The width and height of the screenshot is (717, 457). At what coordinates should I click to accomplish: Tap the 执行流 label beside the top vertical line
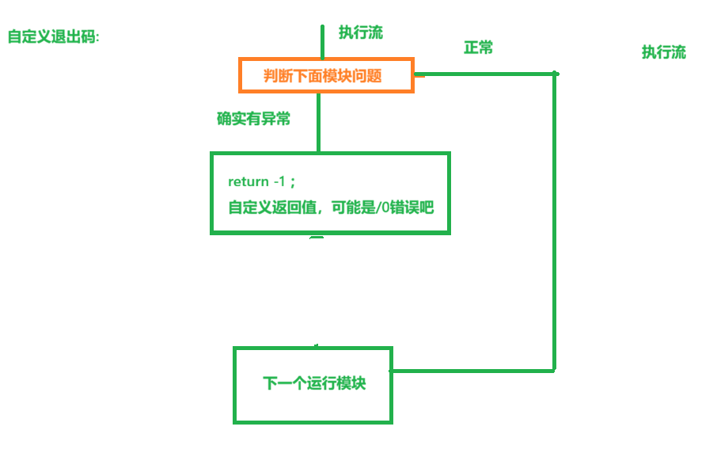tap(361, 32)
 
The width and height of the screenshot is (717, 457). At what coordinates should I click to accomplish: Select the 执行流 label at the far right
tap(663, 53)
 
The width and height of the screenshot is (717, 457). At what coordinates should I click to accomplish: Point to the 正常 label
tap(478, 48)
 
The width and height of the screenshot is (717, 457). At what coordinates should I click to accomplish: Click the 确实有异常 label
tap(253, 119)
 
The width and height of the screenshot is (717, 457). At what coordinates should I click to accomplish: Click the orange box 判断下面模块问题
tap(326, 75)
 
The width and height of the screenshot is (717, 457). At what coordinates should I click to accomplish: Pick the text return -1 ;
tap(261, 182)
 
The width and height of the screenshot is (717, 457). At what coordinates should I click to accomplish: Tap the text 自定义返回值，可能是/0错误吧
tap(331, 208)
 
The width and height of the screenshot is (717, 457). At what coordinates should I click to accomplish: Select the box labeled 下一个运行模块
tap(313, 384)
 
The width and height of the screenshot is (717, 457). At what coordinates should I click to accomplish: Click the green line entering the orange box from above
tap(323, 41)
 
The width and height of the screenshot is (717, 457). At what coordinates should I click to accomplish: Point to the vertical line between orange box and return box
tap(318, 122)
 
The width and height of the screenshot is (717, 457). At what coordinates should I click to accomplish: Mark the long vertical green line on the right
tap(555, 222)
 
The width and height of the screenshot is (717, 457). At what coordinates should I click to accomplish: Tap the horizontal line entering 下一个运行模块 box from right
tap(473, 371)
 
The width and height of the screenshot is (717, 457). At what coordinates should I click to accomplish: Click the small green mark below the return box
tap(317, 237)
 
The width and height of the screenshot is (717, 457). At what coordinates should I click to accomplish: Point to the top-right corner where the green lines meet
tap(556, 74)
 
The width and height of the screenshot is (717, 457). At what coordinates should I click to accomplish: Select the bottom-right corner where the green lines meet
tap(554, 370)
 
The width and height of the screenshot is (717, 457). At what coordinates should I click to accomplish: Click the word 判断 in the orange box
tap(277, 76)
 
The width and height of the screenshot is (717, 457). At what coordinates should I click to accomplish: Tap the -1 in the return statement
tap(279, 182)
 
